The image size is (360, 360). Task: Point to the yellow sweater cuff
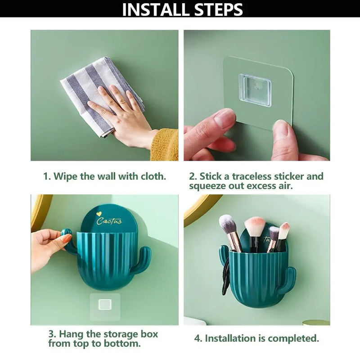tap(164, 144)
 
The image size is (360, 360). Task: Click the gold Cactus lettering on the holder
tap(109, 221)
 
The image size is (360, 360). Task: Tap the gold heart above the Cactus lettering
tap(99, 214)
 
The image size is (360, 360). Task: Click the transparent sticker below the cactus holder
tap(105, 306)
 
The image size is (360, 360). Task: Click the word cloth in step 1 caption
tap(153, 176)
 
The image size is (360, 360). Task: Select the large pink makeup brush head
tap(255, 227)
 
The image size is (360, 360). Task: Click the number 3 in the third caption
tap(51, 334)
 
